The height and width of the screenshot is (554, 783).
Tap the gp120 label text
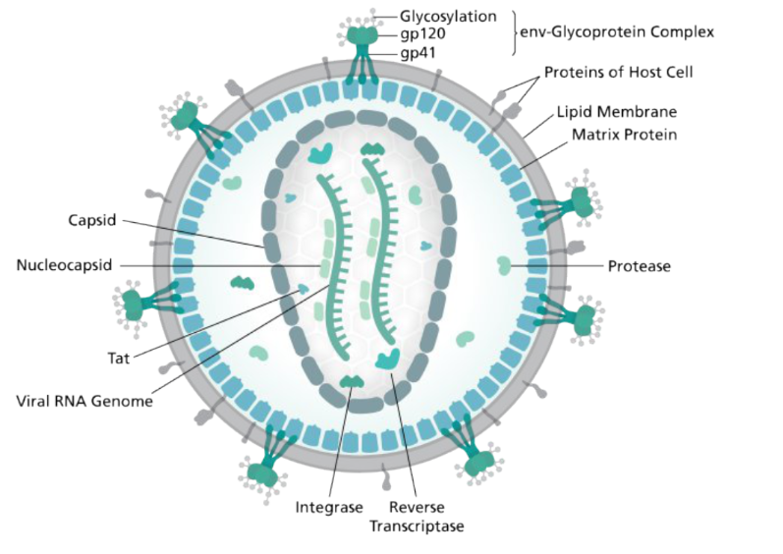point(422,34)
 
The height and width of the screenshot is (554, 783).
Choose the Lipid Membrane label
point(617,112)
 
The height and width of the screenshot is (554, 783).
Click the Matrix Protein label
point(617,135)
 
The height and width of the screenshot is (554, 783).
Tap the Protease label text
point(639,265)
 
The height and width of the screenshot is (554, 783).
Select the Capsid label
point(92,220)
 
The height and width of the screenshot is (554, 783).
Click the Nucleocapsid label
point(64,265)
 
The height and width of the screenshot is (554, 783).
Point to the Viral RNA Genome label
point(84,401)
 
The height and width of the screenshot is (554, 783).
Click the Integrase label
point(329,508)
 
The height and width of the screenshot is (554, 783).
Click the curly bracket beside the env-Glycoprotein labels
point(514,33)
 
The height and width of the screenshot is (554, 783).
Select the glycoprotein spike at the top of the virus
point(364,44)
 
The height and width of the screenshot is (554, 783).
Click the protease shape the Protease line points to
point(504,264)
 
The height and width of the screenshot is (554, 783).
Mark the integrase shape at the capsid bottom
point(350,381)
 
